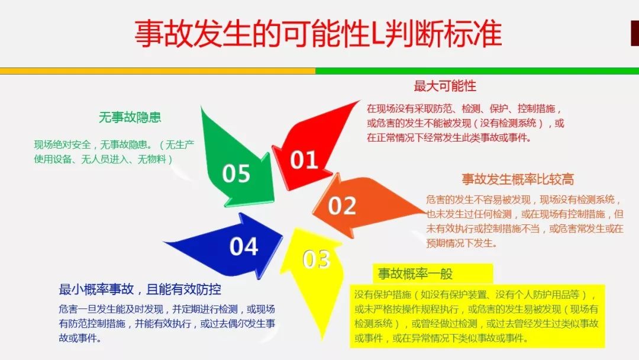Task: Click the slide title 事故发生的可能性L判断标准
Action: click(x=318, y=33)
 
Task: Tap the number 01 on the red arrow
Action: click(x=304, y=159)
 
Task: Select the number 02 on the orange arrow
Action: click(x=342, y=205)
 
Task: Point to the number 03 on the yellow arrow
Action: click(x=316, y=259)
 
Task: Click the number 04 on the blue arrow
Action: click(x=244, y=246)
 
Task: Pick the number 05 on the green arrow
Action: click(x=236, y=173)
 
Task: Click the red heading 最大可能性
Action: click(x=445, y=86)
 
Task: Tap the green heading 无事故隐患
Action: click(x=130, y=117)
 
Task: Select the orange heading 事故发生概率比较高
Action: click(x=518, y=179)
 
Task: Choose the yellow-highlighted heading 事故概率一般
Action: click(x=415, y=274)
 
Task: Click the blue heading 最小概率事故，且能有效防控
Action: click(x=140, y=290)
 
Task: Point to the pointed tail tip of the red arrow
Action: click(x=360, y=101)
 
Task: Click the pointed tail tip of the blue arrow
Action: click(x=163, y=242)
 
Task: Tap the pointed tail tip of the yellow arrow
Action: click(x=322, y=339)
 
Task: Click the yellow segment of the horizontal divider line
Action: click(x=158, y=71)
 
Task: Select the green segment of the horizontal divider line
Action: click(x=477, y=71)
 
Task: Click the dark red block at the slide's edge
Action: click(x=634, y=33)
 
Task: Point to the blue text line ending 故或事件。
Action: click(x=80, y=339)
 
